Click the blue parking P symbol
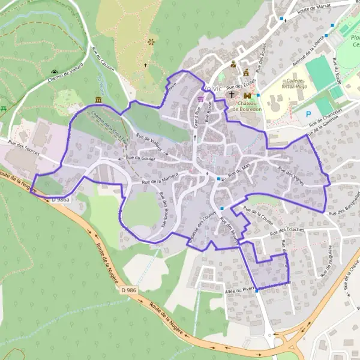tap(308, 114)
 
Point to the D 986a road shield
tap(61, 199)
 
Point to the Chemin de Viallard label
tap(63, 76)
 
